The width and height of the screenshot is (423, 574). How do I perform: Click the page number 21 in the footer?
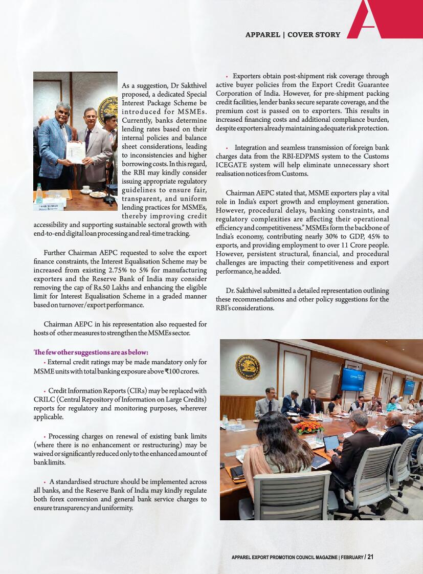click(370, 557)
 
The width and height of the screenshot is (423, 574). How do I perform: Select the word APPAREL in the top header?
click(262, 35)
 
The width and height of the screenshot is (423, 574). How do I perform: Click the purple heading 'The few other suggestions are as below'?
click(91, 352)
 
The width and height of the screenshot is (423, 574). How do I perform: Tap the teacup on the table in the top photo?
click(96, 194)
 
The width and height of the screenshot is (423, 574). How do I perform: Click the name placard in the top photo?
click(49, 206)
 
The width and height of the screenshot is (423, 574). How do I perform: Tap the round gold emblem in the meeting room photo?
click(248, 366)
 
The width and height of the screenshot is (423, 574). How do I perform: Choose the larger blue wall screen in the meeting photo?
click(353, 379)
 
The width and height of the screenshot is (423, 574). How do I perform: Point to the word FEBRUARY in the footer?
click(350, 557)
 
